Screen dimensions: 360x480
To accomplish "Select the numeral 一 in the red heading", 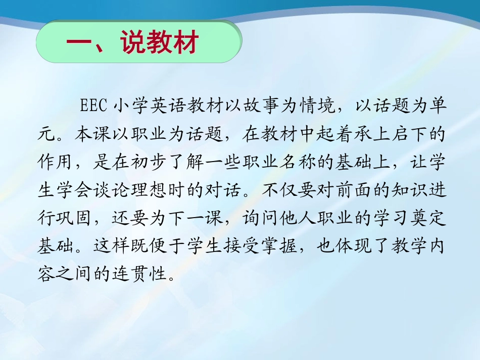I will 78,43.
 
